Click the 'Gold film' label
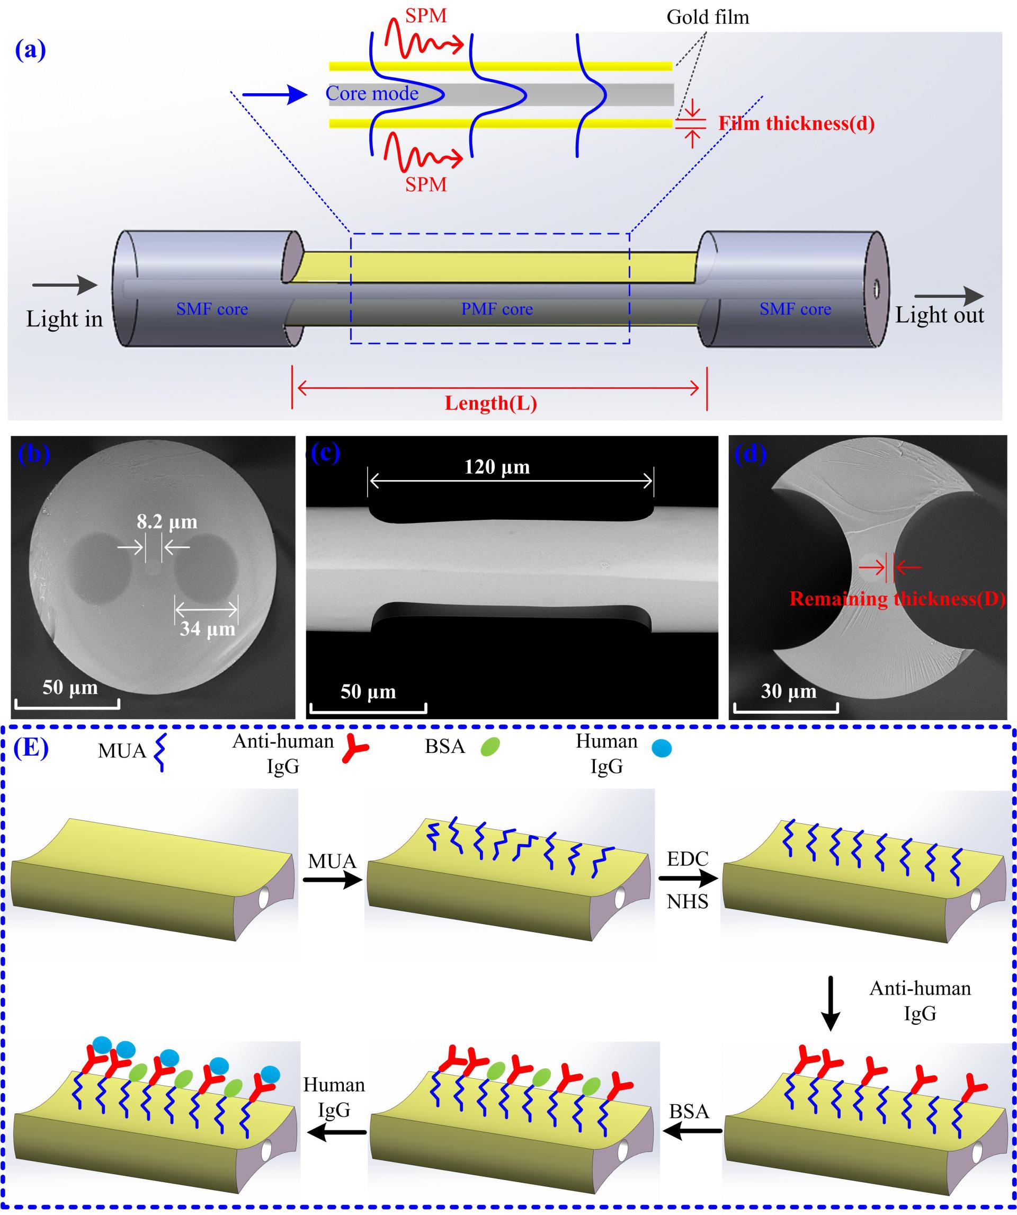707,17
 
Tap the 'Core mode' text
372,93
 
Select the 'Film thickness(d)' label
796,123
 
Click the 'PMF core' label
496,309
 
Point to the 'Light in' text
64,319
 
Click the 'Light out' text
939,315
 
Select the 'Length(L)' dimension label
490,403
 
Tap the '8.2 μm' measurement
167,522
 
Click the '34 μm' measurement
207,629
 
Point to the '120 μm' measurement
497,467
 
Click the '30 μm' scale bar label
788,691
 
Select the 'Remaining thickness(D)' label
897,599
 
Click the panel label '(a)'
30,50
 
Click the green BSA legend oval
490,747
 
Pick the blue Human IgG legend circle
661,749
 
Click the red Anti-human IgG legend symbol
354,748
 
